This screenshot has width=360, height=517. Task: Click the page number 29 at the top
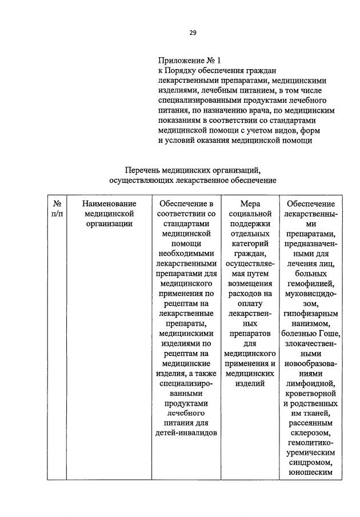point(193,33)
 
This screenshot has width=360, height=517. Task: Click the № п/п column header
point(58,208)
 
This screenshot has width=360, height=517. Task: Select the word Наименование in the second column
point(109,203)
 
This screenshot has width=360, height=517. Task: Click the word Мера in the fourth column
point(249,203)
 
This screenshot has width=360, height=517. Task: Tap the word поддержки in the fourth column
point(249,223)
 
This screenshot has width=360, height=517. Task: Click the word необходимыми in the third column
point(186,253)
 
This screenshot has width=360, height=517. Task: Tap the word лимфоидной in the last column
point(311,383)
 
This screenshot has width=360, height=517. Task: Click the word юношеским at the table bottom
point(311,473)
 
